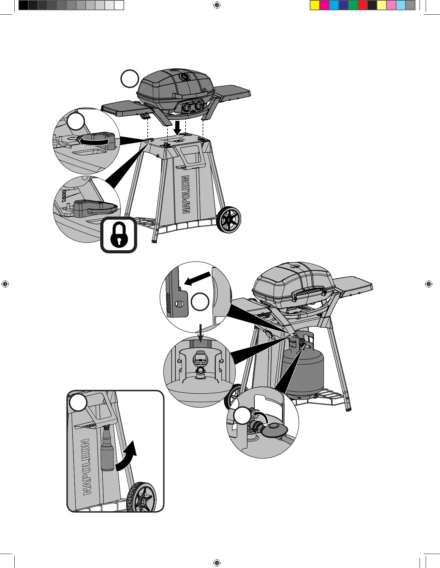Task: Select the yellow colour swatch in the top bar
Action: [315, 5]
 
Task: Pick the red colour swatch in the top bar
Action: [363, 5]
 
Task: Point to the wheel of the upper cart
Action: [228, 220]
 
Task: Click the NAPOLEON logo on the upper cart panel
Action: [186, 194]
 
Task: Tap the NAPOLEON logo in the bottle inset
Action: [86, 467]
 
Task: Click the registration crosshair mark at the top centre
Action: [217, 5]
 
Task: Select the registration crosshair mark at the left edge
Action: [5, 284]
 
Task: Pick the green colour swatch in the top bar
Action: [353, 5]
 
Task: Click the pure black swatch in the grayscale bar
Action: [24, 5]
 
